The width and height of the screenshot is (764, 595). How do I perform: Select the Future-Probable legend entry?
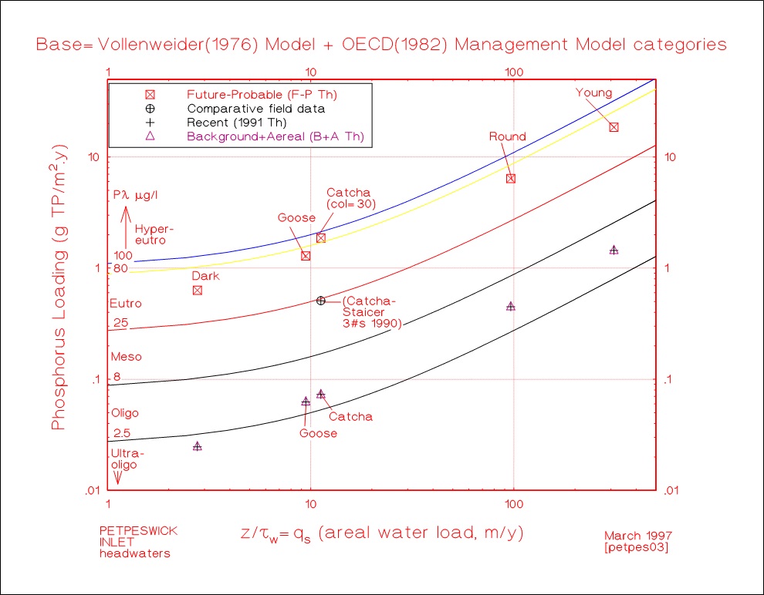262,95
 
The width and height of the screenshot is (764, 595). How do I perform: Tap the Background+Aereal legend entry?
275,136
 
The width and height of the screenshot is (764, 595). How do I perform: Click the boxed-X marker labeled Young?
614,127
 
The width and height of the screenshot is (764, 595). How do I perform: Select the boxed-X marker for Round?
510,178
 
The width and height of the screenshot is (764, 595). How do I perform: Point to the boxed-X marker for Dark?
198,290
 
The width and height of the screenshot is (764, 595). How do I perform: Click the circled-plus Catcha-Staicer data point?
321,301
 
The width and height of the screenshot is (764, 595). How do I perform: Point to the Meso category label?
127,357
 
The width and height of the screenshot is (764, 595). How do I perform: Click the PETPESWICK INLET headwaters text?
134,542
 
